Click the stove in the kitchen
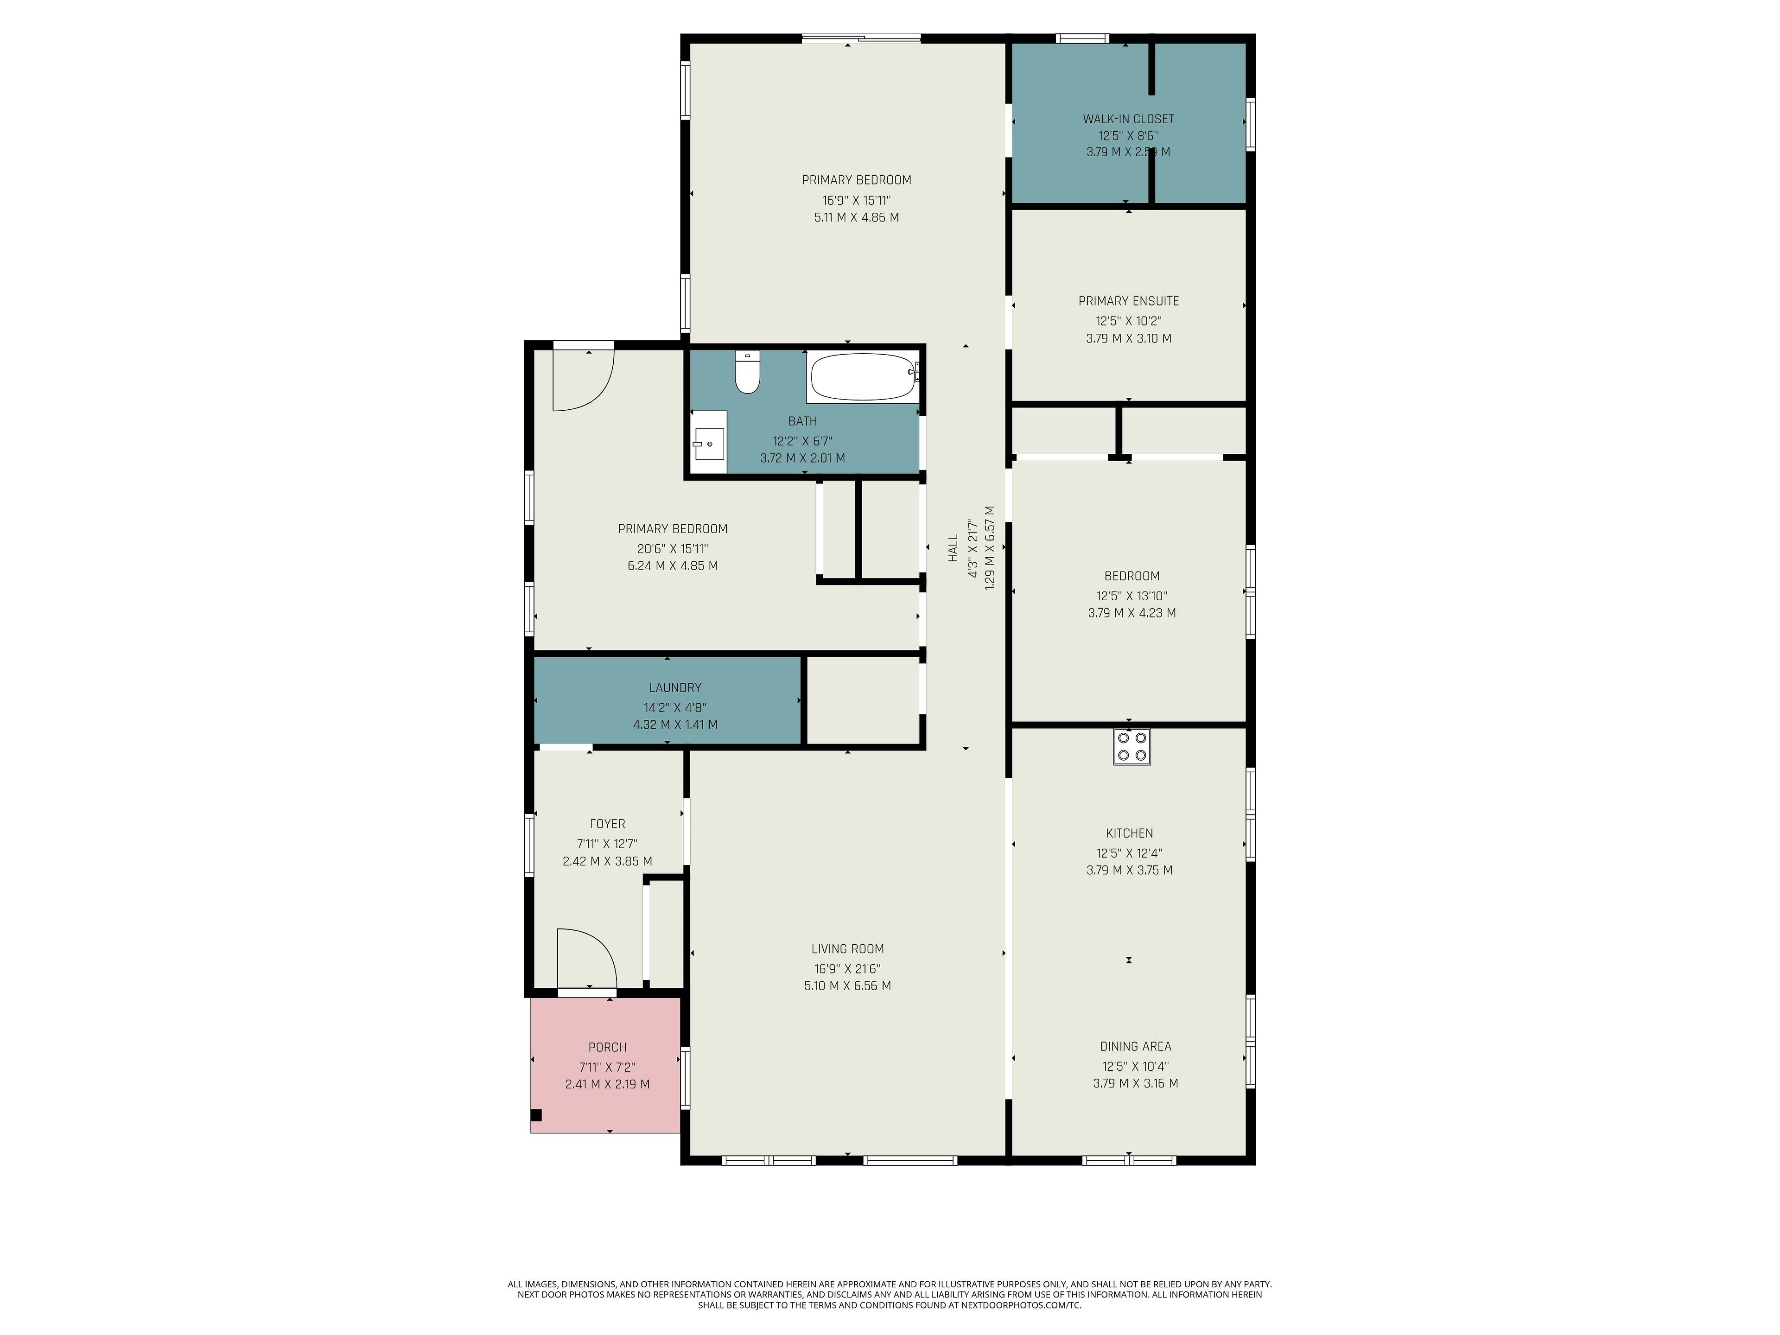pos(1132,746)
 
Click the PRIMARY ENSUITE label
pos(1128,301)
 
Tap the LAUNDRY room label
pos(675,688)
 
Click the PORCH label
pos(608,1047)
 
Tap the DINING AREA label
pos(1135,1046)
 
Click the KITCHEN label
pos(1129,833)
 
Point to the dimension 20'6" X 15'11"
pos(673,549)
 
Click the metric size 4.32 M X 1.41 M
pos(675,724)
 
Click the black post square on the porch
pos(537,1115)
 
